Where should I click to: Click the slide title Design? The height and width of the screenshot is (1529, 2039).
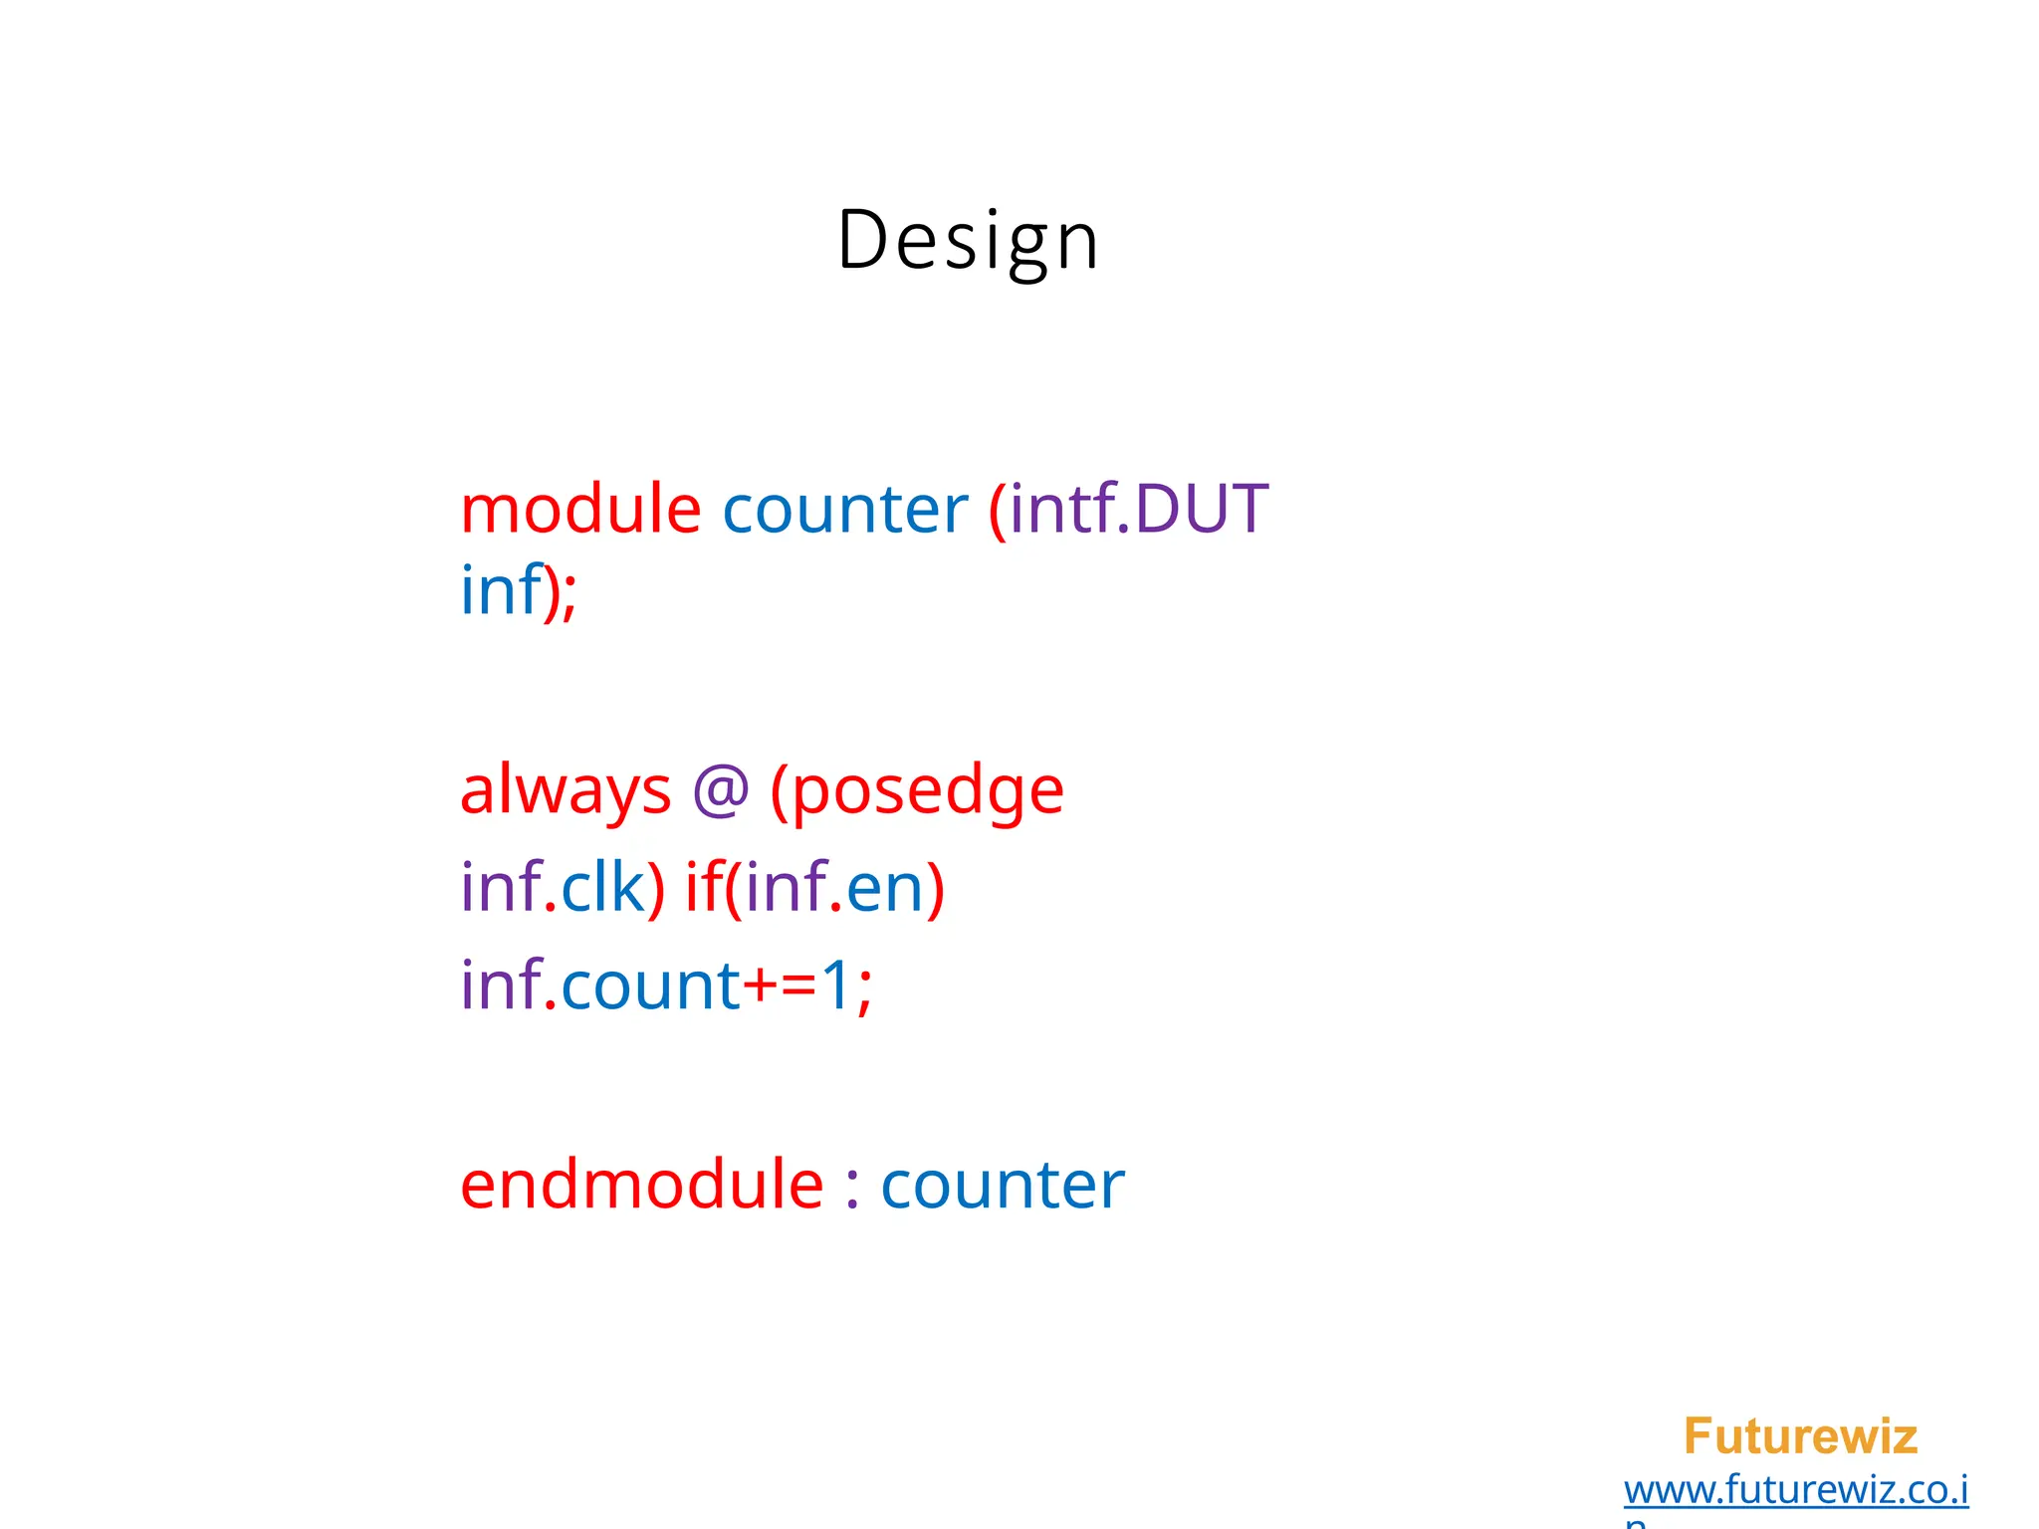click(968, 241)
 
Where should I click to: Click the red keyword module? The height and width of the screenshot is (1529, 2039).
click(580, 509)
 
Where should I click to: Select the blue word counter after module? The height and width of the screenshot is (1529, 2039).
click(844, 509)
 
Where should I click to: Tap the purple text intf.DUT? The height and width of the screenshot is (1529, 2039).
click(1139, 509)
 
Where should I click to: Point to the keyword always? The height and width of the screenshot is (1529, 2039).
click(566, 791)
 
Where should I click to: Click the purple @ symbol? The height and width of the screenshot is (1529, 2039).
click(720, 791)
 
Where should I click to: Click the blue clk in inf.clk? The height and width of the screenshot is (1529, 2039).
click(603, 887)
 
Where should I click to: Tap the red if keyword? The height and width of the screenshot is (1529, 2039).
click(702, 887)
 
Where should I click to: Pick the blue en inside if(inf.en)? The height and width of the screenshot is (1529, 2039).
click(884, 889)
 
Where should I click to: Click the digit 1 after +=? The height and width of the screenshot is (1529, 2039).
click(837, 985)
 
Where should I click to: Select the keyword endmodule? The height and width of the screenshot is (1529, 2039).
click(642, 1185)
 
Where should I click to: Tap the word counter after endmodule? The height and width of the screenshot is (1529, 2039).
click(1003, 1187)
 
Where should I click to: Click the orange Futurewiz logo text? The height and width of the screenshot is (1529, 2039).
click(1800, 1436)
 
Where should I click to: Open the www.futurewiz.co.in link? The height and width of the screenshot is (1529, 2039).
click(1796, 1490)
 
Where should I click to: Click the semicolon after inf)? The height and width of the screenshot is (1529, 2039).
click(569, 594)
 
